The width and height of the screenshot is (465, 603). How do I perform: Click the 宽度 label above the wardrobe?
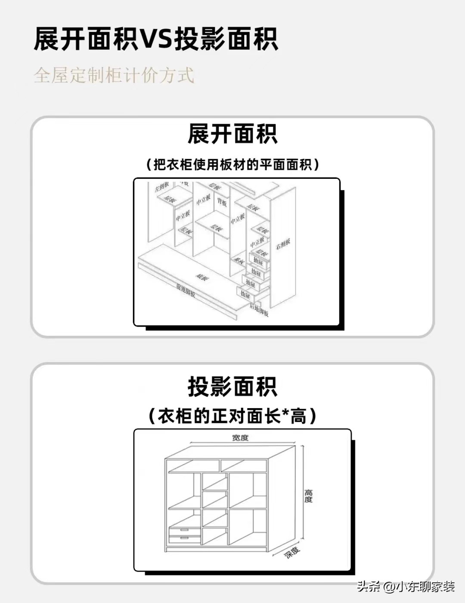coord(240,438)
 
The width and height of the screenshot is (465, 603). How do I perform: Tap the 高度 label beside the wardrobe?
coord(308,496)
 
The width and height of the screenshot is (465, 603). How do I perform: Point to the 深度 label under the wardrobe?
coord(292,553)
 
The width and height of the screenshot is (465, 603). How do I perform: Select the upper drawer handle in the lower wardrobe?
coord(184,530)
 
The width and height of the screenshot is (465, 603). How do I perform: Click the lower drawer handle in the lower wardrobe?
coord(184,538)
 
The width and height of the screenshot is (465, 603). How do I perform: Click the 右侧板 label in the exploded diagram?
coord(283,244)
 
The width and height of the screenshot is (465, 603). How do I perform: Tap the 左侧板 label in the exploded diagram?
coord(162,187)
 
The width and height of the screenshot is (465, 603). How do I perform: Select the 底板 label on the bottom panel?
coord(202,276)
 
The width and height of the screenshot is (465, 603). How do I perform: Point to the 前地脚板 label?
coord(186,291)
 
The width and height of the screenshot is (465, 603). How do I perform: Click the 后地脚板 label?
coord(259,309)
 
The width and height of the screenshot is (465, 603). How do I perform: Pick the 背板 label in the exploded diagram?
coord(222,202)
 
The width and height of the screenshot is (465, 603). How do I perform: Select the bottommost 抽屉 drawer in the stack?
coord(245,294)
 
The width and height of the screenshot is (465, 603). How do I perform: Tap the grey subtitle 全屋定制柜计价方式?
coord(114,75)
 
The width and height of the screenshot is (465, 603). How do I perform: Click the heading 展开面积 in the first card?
coord(232,134)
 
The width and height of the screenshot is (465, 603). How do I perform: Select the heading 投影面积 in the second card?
coord(232,386)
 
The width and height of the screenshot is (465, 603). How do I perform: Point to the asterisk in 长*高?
coord(285,415)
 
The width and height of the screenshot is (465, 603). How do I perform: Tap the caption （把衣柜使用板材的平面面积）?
coord(232,164)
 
